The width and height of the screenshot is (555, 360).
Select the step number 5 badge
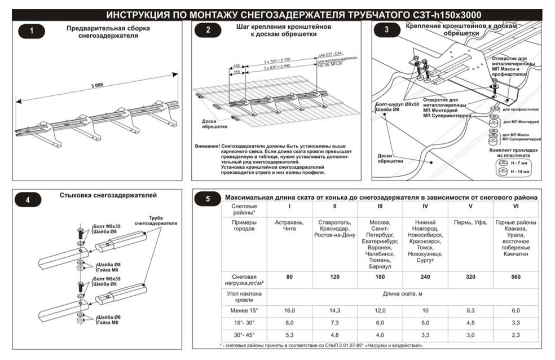click(209, 199)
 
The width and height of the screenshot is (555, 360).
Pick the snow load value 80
click(290, 277)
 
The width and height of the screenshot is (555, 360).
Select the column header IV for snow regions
click(425, 207)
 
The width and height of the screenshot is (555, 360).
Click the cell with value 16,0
click(290, 310)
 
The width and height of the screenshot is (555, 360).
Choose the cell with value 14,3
click(334, 310)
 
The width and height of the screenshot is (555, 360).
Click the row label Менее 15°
click(244, 310)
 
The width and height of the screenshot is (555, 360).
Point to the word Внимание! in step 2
click(208, 146)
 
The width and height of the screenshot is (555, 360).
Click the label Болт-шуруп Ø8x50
click(398, 104)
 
